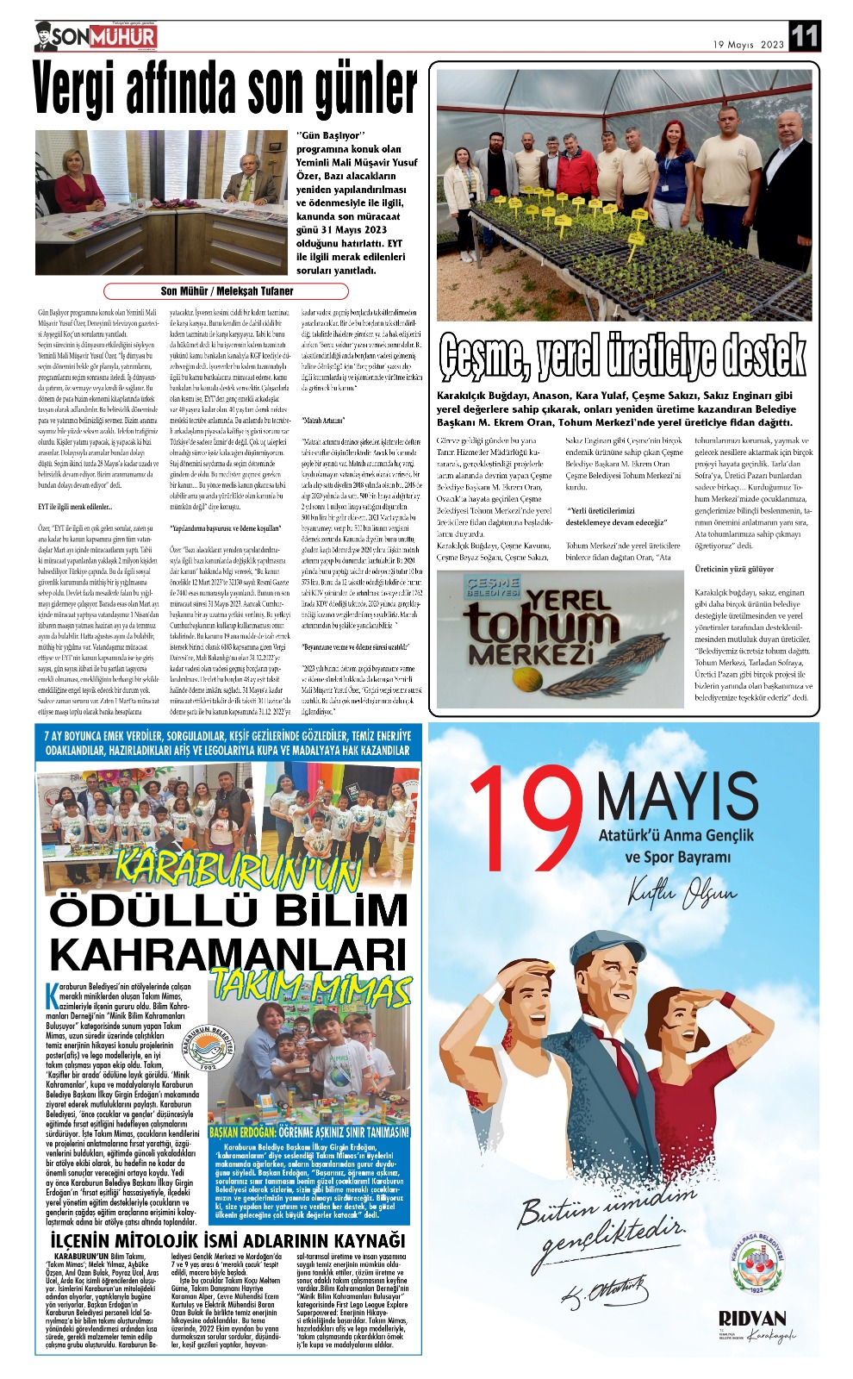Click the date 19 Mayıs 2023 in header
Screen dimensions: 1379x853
(x=749, y=45)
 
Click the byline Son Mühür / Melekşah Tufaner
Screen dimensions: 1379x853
(x=227, y=291)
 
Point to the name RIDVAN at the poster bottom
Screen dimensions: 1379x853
(x=752, y=1319)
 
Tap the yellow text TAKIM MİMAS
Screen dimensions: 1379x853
(x=311, y=984)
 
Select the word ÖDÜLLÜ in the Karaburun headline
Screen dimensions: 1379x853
(x=142, y=913)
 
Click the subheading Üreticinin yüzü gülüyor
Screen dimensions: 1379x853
(x=735, y=569)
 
